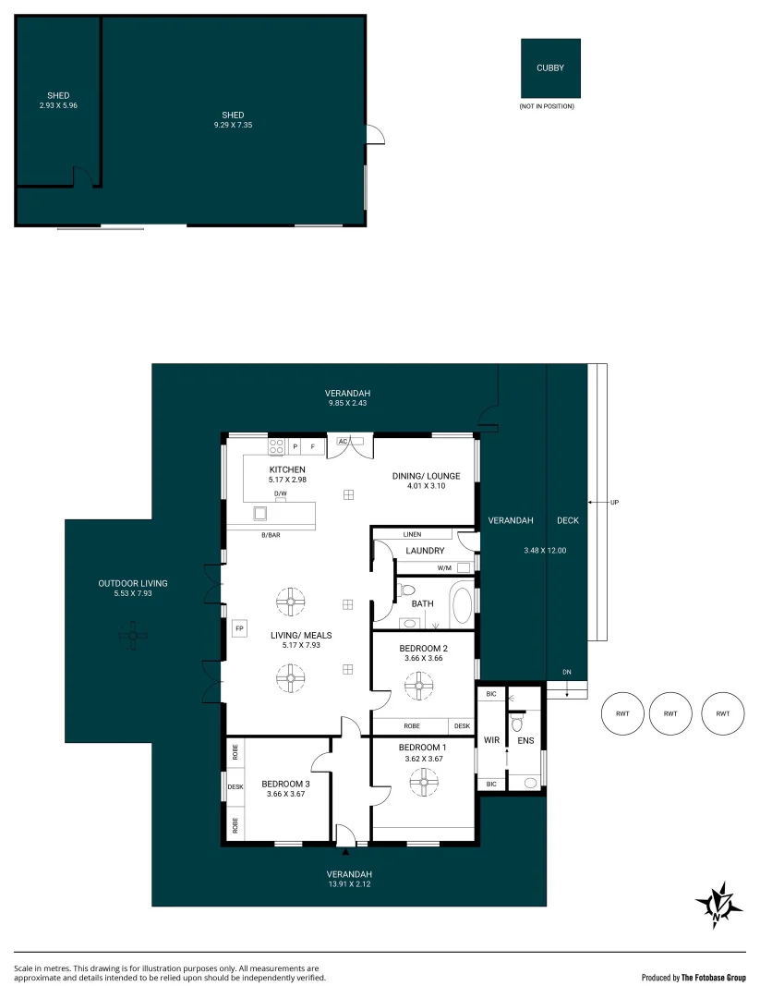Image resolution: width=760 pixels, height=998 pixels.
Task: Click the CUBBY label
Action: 550,67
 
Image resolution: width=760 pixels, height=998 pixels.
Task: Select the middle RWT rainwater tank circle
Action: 670,713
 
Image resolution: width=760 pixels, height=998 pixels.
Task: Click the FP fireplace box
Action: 239,628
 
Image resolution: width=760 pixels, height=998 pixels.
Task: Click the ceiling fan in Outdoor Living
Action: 133,635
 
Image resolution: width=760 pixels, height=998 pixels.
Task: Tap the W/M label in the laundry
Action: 444,567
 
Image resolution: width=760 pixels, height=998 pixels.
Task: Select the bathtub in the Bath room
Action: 461,607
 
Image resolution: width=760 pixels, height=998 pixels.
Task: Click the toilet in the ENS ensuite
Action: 516,724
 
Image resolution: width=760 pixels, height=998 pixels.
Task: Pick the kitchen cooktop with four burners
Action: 276,447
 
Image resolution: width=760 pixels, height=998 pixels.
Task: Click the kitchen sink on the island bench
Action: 260,513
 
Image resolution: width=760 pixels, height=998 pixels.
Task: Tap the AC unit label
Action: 343,441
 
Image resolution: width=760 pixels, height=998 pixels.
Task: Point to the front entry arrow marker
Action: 345,851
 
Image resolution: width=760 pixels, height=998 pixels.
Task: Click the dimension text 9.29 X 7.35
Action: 233,125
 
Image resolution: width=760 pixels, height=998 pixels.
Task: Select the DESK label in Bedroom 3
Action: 235,786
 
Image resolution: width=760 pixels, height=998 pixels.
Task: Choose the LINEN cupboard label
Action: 412,535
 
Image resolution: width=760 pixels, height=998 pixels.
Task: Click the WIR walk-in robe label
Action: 491,740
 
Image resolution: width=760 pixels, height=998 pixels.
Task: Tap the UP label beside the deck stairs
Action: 614,502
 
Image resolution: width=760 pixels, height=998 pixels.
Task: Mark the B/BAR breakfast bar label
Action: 271,535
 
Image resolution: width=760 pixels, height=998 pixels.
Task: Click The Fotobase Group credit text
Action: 714,978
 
